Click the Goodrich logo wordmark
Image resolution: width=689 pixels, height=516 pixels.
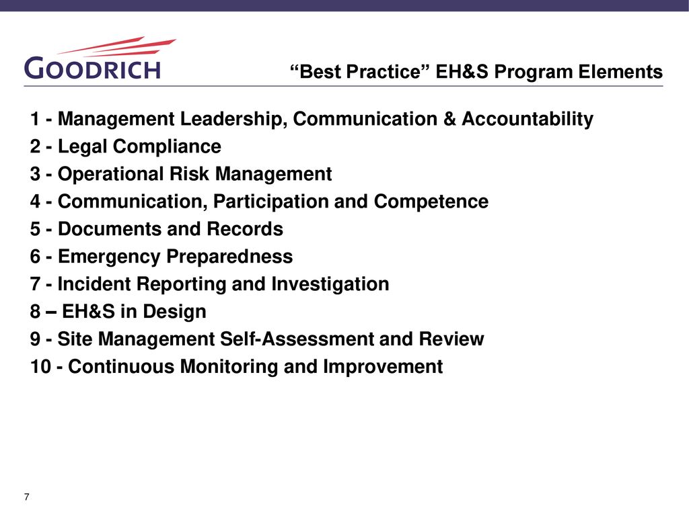point(92,69)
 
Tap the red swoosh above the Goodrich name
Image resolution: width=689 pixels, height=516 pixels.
point(117,46)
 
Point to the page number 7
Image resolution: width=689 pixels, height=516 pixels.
point(27,497)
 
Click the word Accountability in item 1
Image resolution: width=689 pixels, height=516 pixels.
point(528,120)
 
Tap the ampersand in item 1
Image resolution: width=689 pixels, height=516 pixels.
point(449,119)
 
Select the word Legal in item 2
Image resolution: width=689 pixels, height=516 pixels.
point(83,147)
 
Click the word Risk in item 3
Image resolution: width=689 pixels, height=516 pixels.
point(189,174)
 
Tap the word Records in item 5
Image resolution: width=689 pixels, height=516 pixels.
point(245,229)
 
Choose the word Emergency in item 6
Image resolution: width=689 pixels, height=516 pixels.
point(109,257)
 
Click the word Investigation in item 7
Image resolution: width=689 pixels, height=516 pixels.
point(330,284)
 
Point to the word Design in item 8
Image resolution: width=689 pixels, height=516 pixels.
point(174,312)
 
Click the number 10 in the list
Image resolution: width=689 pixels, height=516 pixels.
point(40,367)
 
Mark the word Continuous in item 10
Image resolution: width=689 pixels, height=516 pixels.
point(121,367)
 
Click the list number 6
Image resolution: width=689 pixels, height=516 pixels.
point(35,257)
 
